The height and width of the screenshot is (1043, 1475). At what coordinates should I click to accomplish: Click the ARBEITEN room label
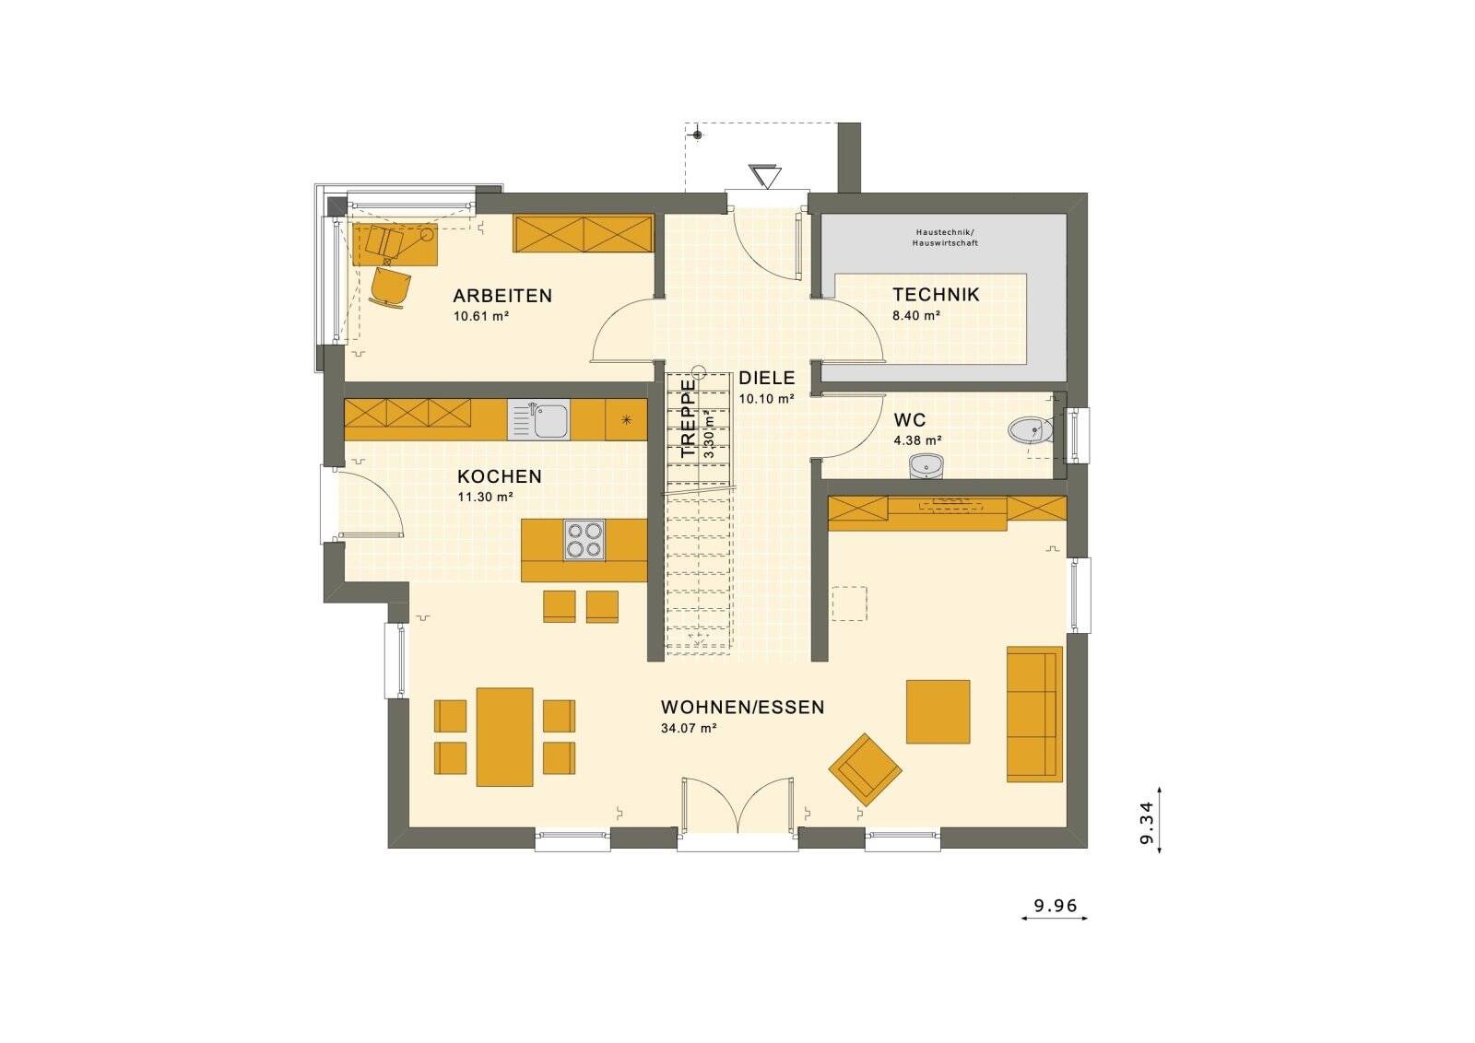[x=501, y=296]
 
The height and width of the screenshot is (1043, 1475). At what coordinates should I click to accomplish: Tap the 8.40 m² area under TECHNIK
[x=915, y=316]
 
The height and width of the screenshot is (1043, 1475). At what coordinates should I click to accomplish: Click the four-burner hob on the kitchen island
[x=584, y=541]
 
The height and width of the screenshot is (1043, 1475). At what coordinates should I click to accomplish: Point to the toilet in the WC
[x=1031, y=430]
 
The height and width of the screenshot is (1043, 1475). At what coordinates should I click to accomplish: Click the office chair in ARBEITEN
[x=390, y=287]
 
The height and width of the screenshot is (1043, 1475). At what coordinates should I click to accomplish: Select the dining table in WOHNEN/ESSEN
[x=504, y=736]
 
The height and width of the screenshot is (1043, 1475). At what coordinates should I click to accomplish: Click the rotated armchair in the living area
[x=865, y=769]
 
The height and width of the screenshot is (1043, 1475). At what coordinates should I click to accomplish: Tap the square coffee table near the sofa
[x=938, y=711]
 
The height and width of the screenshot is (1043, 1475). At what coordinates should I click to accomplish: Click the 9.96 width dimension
[x=1055, y=906]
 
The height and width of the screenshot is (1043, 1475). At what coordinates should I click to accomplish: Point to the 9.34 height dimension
[x=1146, y=822]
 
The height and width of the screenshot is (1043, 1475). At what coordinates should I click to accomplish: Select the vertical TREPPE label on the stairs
[x=688, y=419]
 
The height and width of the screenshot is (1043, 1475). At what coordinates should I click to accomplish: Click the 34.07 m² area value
[x=689, y=728]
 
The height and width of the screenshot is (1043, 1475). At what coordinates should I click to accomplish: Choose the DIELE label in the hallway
[x=766, y=378]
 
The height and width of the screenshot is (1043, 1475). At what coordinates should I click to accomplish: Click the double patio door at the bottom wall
[x=738, y=806]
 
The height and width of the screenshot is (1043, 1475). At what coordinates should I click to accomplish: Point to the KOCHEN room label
[x=499, y=476]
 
